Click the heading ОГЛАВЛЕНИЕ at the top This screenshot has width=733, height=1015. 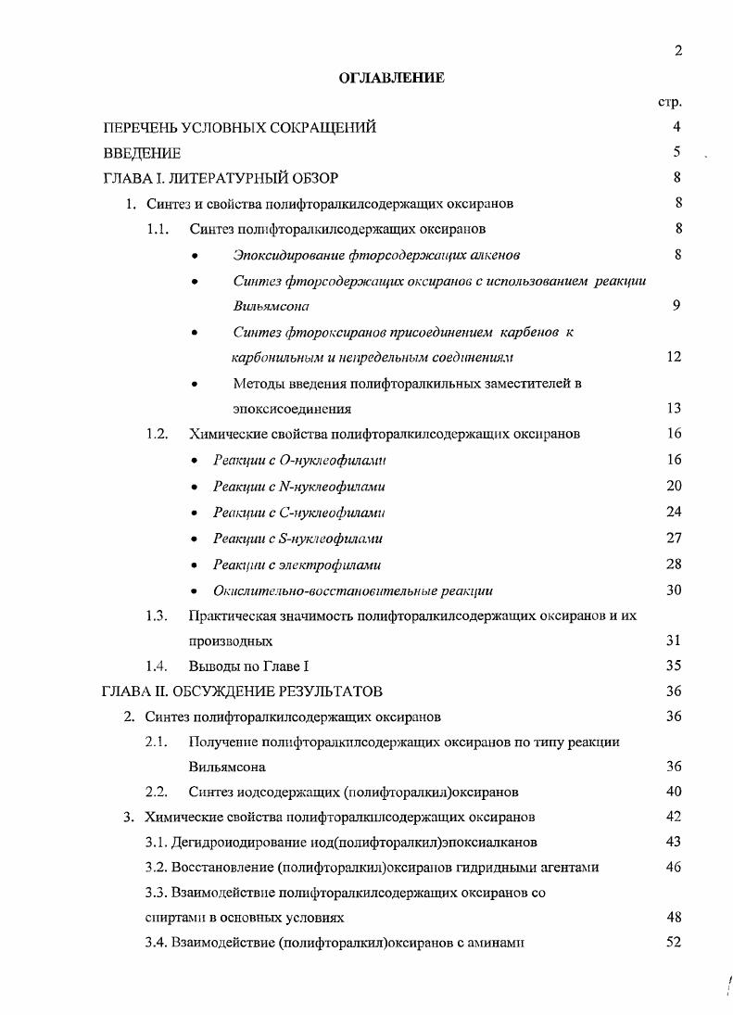click(390, 78)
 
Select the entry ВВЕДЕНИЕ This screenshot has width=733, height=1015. click(142, 153)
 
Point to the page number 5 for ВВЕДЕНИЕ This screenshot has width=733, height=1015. click(677, 153)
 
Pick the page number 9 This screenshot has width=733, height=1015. click(677, 306)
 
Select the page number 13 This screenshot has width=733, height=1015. click(674, 409)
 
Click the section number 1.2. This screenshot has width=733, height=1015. click(157, 434)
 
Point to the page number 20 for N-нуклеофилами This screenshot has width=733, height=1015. click(674, 486)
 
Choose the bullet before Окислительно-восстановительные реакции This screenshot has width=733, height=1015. click(193, 590)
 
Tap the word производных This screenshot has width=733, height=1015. click(230, 641)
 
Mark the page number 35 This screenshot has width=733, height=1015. click(674, 666)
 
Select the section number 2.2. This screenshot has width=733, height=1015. click(157, 793)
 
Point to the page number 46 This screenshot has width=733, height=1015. click(674, 868)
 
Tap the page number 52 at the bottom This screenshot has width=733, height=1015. click(674, 943)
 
